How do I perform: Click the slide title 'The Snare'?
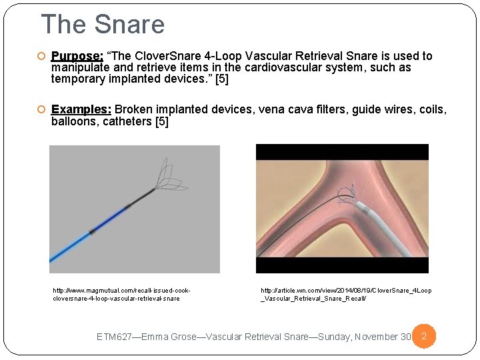103,25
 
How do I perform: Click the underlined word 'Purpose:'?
77,57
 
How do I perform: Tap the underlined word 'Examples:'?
81,109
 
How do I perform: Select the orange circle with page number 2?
424,337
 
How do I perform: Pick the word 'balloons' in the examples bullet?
75,122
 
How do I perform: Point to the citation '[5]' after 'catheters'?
161,122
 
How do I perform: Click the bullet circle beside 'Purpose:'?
41,57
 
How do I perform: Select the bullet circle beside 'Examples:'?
41,109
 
